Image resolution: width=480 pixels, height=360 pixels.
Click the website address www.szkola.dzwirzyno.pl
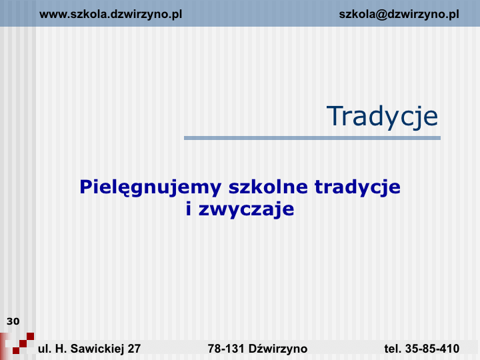111,15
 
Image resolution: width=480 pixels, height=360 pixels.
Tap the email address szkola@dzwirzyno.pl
399,15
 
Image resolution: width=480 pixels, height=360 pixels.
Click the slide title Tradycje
383,116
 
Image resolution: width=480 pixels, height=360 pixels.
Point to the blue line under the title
312,138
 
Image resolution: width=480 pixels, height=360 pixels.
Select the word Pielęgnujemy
150,187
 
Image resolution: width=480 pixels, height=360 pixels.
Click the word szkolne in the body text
268,187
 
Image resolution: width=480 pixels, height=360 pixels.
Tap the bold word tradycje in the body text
357,187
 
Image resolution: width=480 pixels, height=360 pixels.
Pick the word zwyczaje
247,210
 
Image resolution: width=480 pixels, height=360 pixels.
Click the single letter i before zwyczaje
189,209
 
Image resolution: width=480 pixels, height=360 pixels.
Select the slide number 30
13,321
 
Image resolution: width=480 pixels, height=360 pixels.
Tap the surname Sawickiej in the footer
97,349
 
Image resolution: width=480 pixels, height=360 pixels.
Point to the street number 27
134,349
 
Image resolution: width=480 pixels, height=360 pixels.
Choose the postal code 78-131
226,349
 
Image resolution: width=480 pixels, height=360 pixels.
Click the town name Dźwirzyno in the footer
278,349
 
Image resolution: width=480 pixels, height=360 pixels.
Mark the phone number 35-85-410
432,349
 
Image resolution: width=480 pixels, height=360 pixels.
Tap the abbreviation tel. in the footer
393,349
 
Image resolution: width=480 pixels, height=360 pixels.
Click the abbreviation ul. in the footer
45,349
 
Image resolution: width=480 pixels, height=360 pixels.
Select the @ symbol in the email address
381,15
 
